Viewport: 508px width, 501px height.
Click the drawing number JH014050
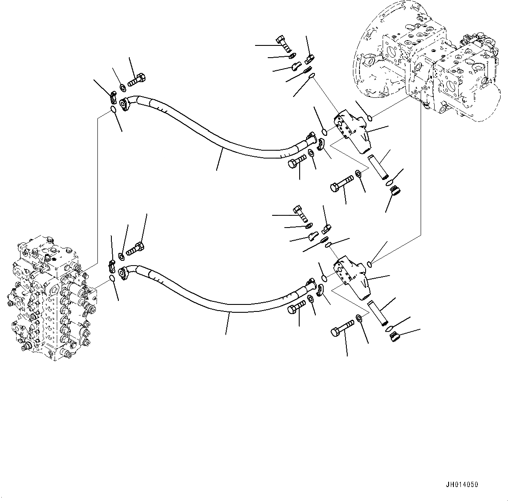(462, 484)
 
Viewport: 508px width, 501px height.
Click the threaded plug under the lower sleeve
(395, 337)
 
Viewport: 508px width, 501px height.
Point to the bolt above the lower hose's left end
(135, 248)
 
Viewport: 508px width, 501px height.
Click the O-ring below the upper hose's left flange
(113, 110)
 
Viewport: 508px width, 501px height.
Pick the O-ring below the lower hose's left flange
(113, 278)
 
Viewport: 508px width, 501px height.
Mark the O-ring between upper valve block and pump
(370, 117)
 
